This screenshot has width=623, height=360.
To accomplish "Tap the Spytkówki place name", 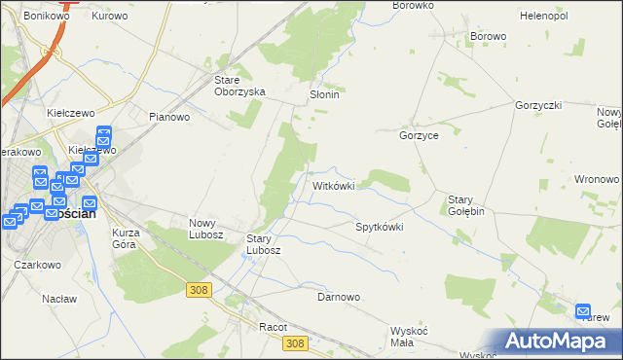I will (379, 227).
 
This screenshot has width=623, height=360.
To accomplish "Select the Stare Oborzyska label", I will (240, 86).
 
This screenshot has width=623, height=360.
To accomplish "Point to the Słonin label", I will (323, 95).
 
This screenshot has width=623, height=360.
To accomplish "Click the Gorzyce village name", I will (419, 136).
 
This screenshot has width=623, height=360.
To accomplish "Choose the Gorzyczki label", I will (539, 104).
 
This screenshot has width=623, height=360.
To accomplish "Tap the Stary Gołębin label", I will (466, 205).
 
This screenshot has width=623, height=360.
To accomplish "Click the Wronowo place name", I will (597, 180).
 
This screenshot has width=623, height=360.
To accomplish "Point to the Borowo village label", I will (488, 37).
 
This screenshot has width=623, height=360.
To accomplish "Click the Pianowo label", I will (168, 117).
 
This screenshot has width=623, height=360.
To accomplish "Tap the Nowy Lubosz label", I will (206, 229).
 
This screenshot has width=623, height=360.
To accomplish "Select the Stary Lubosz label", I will (264, 244).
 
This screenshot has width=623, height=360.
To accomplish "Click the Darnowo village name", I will (339, 297).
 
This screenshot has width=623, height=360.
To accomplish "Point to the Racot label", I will (273, 328).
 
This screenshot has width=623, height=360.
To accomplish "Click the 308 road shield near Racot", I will (297, 342).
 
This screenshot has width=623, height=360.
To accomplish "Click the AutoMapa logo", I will (557, 342).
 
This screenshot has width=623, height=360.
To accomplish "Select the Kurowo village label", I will (110, 17).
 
